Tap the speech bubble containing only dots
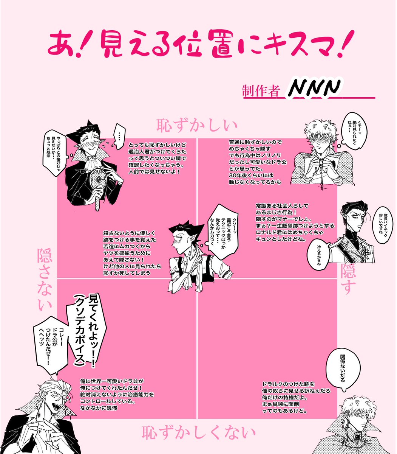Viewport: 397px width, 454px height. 119,136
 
